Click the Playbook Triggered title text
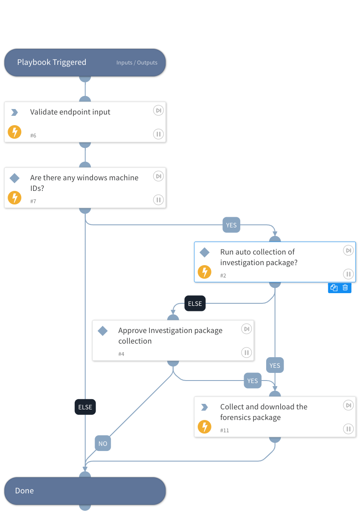pos(51,62)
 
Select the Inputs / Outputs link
pos(137,63)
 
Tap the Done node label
pos(24,491)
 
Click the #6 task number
pos(33,135)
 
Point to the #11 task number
pos(225,430)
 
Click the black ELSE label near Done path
pos(85,407)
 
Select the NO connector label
pos(103,444)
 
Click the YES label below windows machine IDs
pos(231,225)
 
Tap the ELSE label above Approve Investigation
pos(195,304)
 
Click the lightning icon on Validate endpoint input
pos(14,132)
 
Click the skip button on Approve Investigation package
pos(246,329)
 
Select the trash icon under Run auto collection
pos(345,288)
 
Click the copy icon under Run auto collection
pos(334,288)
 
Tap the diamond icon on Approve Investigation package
pos(103,331)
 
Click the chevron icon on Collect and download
pos(204,407)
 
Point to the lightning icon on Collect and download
pos(205,427)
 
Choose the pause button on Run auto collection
pos(348,274)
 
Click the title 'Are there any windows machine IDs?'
pos(84,183)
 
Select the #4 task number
pos(121,354)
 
